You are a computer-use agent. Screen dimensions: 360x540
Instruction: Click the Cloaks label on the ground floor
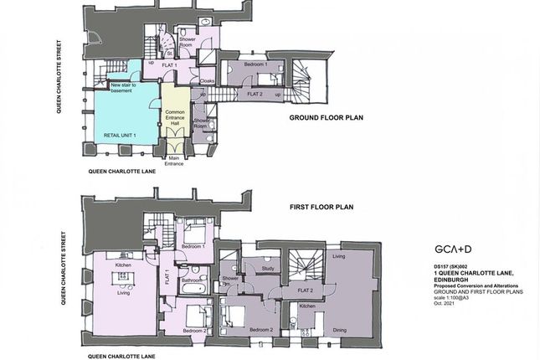coord(208,81)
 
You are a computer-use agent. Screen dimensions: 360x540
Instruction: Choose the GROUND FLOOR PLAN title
coord(327,117)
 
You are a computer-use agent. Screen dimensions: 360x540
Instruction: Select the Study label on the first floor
coord(268,269)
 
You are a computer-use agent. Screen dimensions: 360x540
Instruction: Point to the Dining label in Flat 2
coord(339,330)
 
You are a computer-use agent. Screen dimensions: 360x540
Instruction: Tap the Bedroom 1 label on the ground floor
coord(255,64)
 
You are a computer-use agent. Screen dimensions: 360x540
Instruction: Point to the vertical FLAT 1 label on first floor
coord(168,277)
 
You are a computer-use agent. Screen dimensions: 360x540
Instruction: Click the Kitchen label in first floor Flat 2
coord(307,306)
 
